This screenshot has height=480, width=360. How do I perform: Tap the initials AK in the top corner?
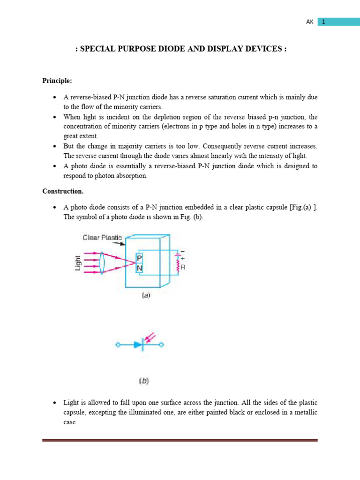(x=309, y=22)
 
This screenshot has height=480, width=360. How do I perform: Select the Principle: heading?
(x=57, y=81)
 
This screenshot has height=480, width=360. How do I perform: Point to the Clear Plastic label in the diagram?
(x=102, y=238)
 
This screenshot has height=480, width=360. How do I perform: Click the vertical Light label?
(x=78, y=263)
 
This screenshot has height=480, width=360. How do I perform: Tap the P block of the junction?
(x=139, y=258)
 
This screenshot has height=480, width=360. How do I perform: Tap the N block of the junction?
(x=139, y=269)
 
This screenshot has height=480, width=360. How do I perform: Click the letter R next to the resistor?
(x=183, y=268)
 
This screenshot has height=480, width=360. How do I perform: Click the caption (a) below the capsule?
(x=146, y=296)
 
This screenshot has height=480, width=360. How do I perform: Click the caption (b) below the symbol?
(x=143, y=381)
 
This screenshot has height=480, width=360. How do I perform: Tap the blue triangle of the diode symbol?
(x=137, y=345)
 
